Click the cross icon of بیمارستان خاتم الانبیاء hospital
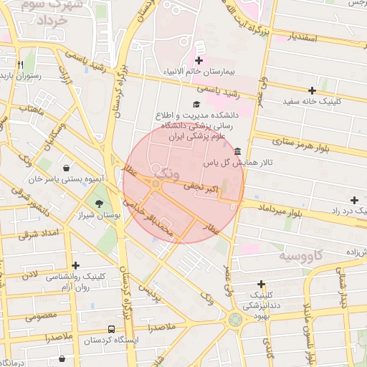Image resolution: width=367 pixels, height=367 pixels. point(199,61)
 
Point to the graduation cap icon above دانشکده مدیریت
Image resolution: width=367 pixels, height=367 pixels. point(196,105)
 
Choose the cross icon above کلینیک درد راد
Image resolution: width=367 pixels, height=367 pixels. point(353,199)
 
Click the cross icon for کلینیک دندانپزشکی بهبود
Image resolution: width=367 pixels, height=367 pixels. point(261,285)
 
